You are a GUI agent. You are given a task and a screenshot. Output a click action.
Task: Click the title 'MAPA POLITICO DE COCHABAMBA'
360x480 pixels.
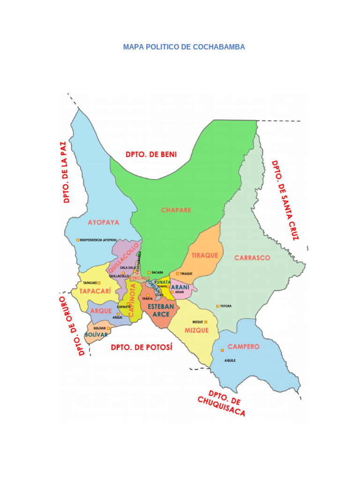pos(184,47)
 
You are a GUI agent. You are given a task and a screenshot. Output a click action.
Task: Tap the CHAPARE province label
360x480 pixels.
pos(176,210)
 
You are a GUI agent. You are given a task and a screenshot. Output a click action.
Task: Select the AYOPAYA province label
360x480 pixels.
pos(104,222)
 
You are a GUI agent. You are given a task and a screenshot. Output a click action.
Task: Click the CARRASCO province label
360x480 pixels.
pos(252,258)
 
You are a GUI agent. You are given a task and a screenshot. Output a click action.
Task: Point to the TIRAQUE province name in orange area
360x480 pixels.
pos(205,255)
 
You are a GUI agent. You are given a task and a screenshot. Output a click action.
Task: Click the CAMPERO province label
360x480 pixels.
pos(243,347)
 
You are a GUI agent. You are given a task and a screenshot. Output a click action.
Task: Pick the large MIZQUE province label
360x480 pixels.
pos(196,330)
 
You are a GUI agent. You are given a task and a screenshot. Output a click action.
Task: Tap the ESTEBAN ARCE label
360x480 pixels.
pos(161,310)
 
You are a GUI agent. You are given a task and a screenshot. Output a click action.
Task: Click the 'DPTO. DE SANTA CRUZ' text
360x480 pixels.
pos(285,200)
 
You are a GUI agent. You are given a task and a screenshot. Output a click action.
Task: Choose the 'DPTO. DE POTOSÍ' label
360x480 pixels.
pos(142,347)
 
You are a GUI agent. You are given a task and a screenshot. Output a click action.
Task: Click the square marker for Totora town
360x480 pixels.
pos(217,306)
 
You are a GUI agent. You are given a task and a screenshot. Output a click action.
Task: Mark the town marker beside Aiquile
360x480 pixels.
pos(222,350)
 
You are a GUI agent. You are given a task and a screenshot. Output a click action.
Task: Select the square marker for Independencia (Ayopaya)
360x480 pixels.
pos(78,240)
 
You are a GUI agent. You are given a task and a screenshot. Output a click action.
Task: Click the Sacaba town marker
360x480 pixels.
pos(149,272)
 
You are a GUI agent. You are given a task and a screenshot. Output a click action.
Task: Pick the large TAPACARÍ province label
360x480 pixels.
pos(95,291)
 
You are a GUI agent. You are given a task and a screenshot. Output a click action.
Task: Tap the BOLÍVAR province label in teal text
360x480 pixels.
pos(96,335)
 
